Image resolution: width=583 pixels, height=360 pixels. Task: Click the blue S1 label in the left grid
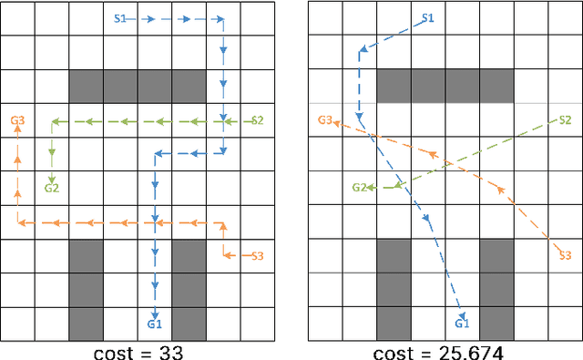click(x=120, y=18)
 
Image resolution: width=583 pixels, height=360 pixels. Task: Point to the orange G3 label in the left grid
click(x=17, y=119)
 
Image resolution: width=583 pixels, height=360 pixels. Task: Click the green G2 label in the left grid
click(x=52, y=188)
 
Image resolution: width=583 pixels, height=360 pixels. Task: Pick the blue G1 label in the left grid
click(x=154, y=324)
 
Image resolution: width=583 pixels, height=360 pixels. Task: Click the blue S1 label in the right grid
click(x=427, y=18)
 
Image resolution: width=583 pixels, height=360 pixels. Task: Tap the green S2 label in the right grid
click(x=564, y=120)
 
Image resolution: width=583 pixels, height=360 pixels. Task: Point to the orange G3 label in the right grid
click(x=325, y=120)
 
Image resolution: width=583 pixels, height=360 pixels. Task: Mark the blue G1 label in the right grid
click(x=462, y=324)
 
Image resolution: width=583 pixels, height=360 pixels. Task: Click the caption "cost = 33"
click(x=137, y=350)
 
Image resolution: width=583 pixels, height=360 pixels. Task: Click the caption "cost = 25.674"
click(x=444, y=350)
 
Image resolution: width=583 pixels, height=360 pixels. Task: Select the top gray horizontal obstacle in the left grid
click(x=137, y=87)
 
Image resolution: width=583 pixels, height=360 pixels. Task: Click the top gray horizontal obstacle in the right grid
click(x=445, y=87)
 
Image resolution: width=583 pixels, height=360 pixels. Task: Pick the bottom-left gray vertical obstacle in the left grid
click(x=86, y=290)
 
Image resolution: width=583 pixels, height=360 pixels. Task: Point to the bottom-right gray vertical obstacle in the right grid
click(x=496, y=290)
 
